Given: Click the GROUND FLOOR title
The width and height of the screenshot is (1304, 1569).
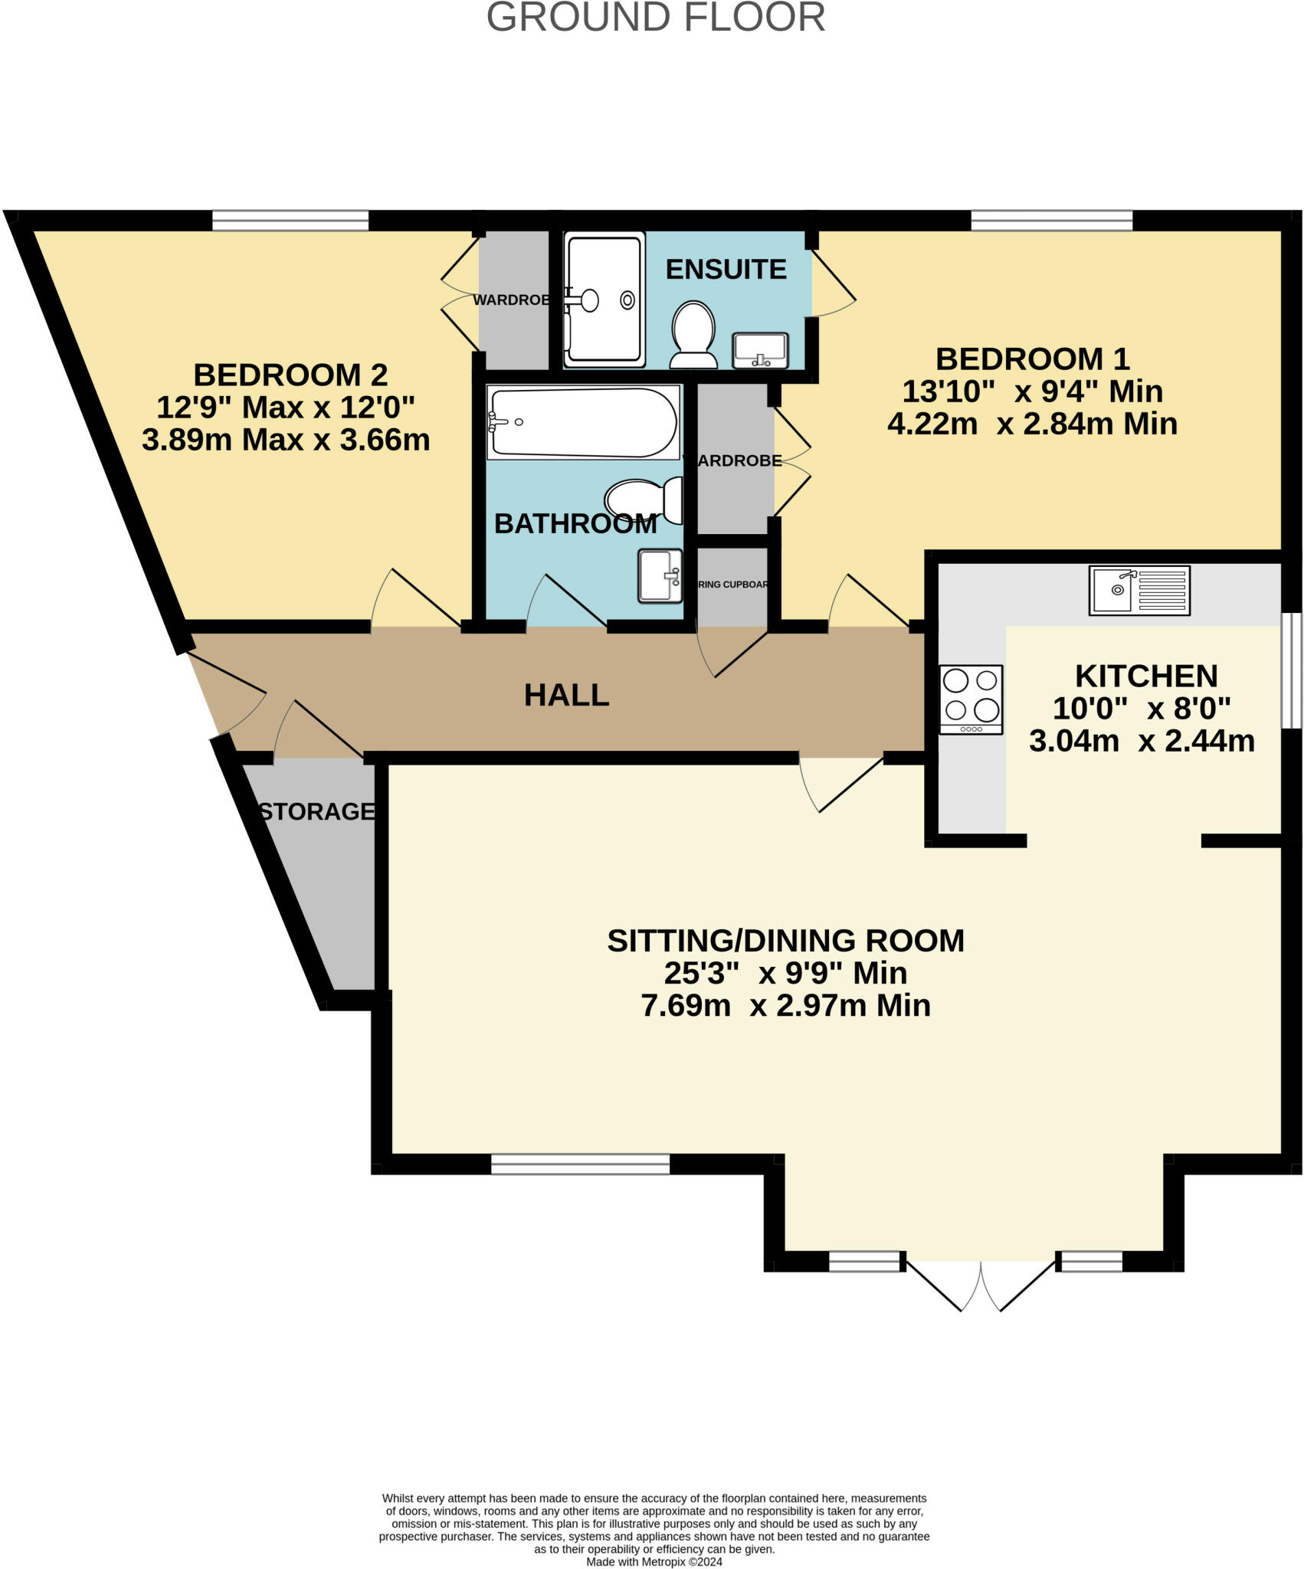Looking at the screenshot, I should [x=656, y=17].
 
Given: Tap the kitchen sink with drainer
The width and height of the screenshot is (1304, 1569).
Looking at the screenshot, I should [x=1139, y=591].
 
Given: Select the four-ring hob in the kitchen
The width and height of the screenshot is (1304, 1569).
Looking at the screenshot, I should [x=971, y=699].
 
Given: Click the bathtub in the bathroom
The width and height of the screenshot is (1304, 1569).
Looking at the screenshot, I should [x=583, y=422].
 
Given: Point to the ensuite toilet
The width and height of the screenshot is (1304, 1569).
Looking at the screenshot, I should [x=693, y=336].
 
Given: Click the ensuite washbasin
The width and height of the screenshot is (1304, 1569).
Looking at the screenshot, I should [x=759, y=350].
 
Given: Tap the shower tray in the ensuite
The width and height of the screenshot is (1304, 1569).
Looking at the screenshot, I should [x=604, y=300].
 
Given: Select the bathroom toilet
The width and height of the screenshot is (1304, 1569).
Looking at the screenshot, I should [x=644, y=500].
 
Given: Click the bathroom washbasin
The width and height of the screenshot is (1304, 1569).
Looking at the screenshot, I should [x=660, y=575].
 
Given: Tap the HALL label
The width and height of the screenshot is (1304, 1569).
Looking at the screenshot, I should [x=566, y=695].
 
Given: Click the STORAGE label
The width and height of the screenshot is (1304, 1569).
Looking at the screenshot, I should [x=316, y=811].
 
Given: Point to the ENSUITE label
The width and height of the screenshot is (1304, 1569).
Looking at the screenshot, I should [x=726, y=269].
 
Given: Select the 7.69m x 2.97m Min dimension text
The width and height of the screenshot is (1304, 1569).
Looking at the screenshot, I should [x=785, y=1005].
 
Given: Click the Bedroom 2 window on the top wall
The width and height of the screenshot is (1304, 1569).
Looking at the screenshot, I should [x=290, y=221].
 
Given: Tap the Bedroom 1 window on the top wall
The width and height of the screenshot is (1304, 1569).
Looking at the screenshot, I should [x=1051, y=221].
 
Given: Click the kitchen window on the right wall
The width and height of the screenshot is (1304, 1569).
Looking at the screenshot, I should [x=1292, y=670].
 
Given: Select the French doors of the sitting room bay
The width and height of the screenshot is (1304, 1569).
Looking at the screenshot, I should [x=981, y=1287].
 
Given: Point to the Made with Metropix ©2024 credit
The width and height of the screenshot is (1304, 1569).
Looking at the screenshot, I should [x=654, y=1561].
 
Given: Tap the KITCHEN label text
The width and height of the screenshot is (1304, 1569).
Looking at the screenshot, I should [x=1145, y=676].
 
